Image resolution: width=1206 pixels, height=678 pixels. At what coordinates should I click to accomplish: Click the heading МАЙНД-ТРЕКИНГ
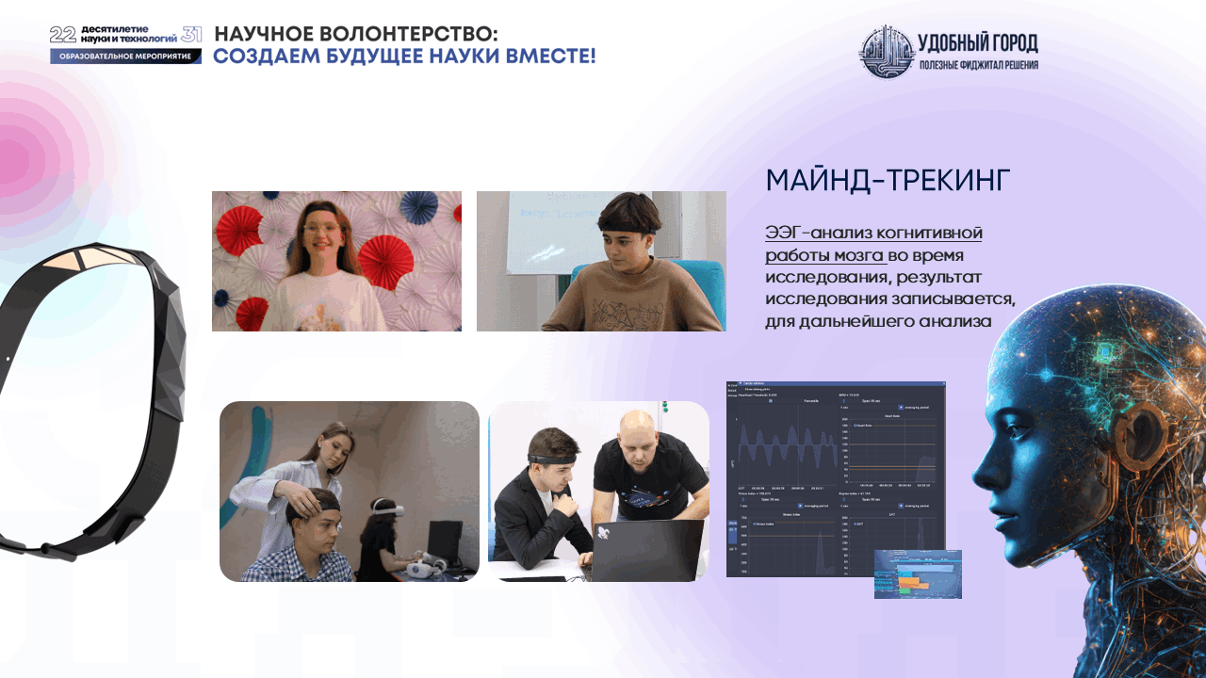coord(888,181)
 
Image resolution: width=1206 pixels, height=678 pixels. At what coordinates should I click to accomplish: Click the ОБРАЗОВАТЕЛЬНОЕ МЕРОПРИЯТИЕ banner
coord(125,56)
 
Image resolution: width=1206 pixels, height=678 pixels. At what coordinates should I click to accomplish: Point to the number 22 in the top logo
coord(62,35)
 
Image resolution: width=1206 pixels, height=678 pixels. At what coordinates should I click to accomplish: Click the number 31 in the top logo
coord(191,35)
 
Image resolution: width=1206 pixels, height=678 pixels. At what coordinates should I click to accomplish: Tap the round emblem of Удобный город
coord(886,52)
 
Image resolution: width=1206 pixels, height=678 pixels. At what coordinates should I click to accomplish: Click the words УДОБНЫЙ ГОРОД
coord(977,42)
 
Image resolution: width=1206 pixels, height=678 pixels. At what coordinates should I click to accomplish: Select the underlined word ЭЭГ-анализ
coord(819,233)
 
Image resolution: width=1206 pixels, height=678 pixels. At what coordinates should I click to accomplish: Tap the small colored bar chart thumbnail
coord(918,574)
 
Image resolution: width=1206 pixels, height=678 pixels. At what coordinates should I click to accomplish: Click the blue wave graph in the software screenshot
coord(781,446)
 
